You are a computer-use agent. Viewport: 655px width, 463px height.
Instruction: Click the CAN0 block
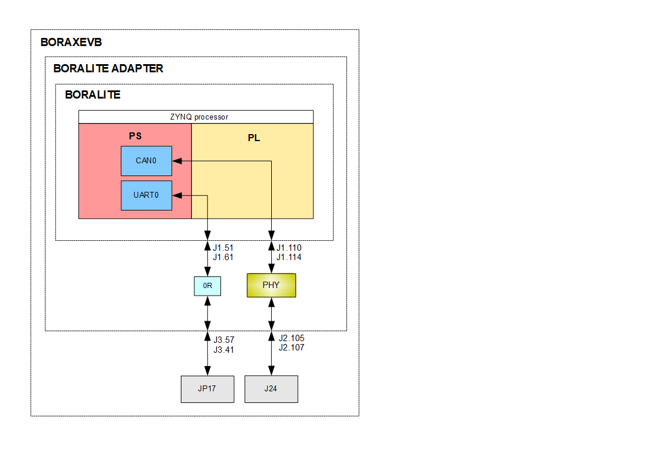pos(146,160)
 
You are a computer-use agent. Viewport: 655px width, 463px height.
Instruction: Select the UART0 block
pos(146,195)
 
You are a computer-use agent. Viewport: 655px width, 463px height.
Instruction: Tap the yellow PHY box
pos(271,285)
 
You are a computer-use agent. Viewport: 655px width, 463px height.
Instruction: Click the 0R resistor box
pos(207,286)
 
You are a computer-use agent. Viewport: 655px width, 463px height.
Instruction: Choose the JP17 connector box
pos(207,389)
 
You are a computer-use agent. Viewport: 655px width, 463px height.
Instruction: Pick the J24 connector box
pos(271,389)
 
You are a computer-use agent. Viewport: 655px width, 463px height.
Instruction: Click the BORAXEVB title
pos(71,43)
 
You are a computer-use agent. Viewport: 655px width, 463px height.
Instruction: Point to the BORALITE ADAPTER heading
pos(108,68)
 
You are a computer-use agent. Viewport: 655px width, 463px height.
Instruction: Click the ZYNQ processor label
pos(195,117)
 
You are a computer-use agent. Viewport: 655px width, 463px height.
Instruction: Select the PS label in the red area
pos(135,136)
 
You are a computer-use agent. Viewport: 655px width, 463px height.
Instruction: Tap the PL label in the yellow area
pos(254,138)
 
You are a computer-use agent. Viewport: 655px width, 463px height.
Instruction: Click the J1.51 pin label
pos(223,248)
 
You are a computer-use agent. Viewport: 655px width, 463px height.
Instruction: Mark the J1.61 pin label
pos(223,257)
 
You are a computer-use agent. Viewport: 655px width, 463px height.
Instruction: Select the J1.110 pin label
pos(289,248)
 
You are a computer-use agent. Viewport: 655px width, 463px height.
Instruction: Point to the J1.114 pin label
pos(289,257)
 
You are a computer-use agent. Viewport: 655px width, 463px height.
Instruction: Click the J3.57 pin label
pos(223,339)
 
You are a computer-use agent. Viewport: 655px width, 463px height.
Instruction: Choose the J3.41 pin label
pos(223,349)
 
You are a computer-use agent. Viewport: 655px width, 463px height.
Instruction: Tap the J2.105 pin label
pos(291,338)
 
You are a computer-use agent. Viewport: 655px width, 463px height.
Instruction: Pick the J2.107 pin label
pos(291,348)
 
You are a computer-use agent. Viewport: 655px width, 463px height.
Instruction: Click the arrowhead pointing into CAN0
pos(176,160)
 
